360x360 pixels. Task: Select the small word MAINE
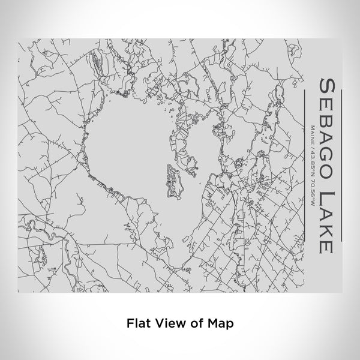(313, 133)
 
